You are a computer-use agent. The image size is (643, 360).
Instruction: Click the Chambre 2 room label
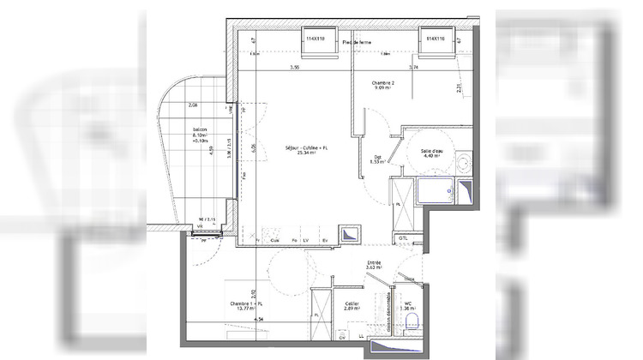[x=383, y=84]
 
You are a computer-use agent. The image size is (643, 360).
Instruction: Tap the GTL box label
[x=403, y=238]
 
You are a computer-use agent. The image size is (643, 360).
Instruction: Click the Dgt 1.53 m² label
[x=377, y=158]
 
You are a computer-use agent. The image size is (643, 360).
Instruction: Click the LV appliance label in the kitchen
[x=307, y=240]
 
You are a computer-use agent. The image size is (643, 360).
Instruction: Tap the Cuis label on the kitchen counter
[x=273, y=240]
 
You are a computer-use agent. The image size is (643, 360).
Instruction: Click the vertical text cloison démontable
[x=390, y=311]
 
